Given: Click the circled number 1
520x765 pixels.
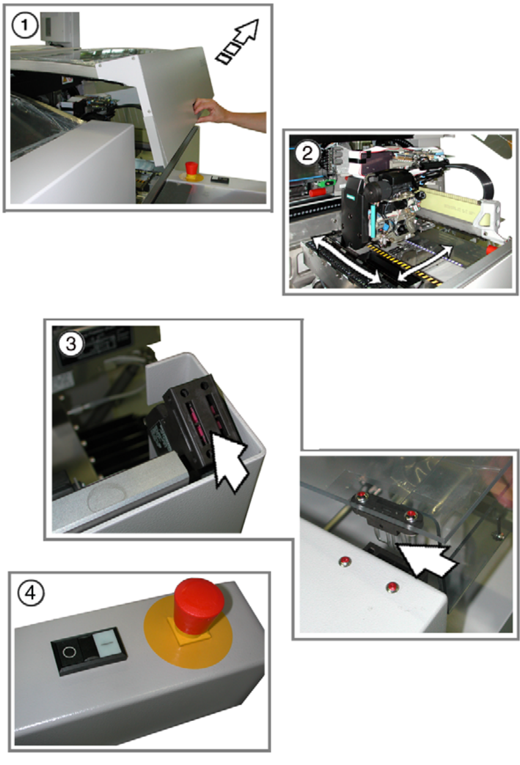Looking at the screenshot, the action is [24, 25].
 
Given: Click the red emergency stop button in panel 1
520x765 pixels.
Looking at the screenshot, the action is [191, 169].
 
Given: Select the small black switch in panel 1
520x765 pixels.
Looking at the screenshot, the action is [220, 178].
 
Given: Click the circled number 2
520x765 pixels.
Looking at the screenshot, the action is [307, 153].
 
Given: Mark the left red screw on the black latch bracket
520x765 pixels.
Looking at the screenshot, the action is [362, 496].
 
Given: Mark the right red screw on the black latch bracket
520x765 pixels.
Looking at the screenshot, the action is [411, 514].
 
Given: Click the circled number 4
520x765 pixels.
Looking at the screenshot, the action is [31, 593].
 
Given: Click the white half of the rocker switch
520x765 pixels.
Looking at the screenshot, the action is [106, 642].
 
